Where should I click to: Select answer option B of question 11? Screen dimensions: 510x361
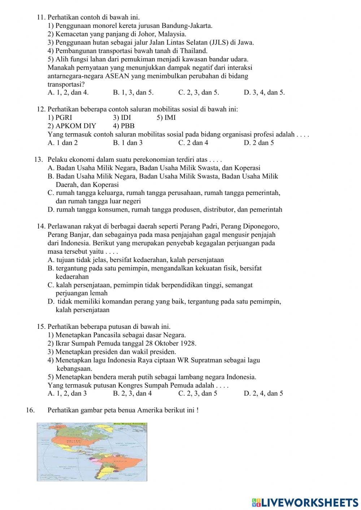tap(133, 92)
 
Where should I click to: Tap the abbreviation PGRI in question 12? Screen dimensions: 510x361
tap(64, 118)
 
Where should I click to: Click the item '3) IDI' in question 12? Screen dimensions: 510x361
tap(122, 118)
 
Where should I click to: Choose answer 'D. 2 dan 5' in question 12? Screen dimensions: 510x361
tap(258, 143)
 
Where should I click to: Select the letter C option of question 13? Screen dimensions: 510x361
tap(51, 193)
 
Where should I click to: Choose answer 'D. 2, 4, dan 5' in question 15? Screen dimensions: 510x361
tap(263, 393)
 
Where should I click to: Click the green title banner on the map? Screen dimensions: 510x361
tap(130, 424)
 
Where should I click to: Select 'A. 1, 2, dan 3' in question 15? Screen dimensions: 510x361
tap(67, 393)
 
